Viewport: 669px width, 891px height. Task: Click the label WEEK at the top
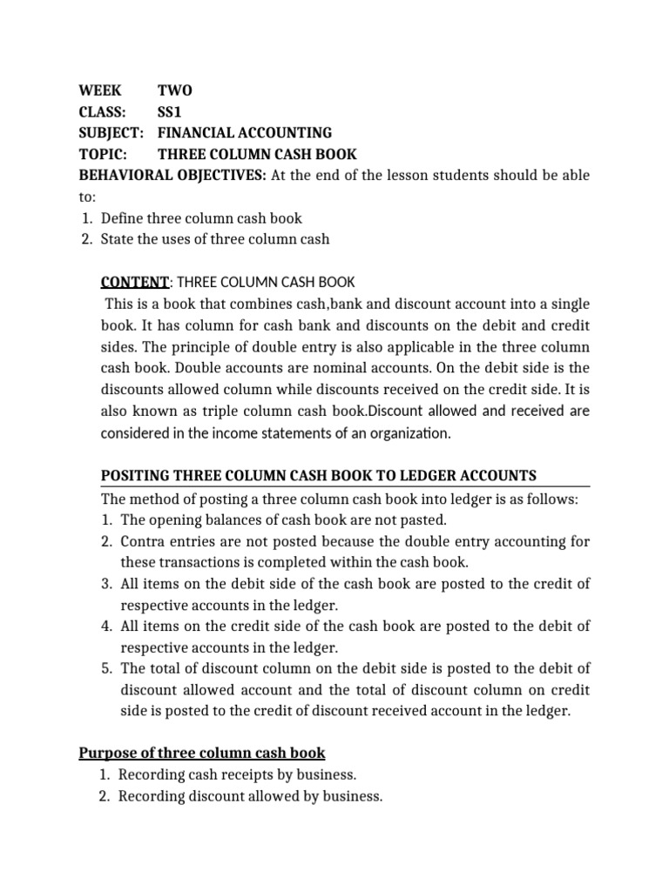pyautogui.click(x=100, y=91)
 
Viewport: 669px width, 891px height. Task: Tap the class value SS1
pyautogui.click(x=172, y=112)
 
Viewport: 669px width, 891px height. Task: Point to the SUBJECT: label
pyautogui.click(x=111, y=133)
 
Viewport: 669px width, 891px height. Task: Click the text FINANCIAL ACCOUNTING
pyautogui.click(x=244, y=133)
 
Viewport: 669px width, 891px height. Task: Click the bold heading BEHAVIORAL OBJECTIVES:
pyautogui.click(x=172, y=176)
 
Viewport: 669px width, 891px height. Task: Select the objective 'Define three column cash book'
pyautogui.click(x=201, y=218)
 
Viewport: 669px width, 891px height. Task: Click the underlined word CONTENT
pyautogui.click(x=134, y=282)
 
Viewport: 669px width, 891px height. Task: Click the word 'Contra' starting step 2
pyautogui.click(x=141, y=541)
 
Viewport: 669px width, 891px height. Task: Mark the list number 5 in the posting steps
pyautogui.click(x=105, y=668)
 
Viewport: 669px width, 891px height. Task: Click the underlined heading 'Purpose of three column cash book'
pyautogui.click(x=202, y=753)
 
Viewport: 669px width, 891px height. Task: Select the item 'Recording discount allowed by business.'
pyautogui.click(x=250, y=795)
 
